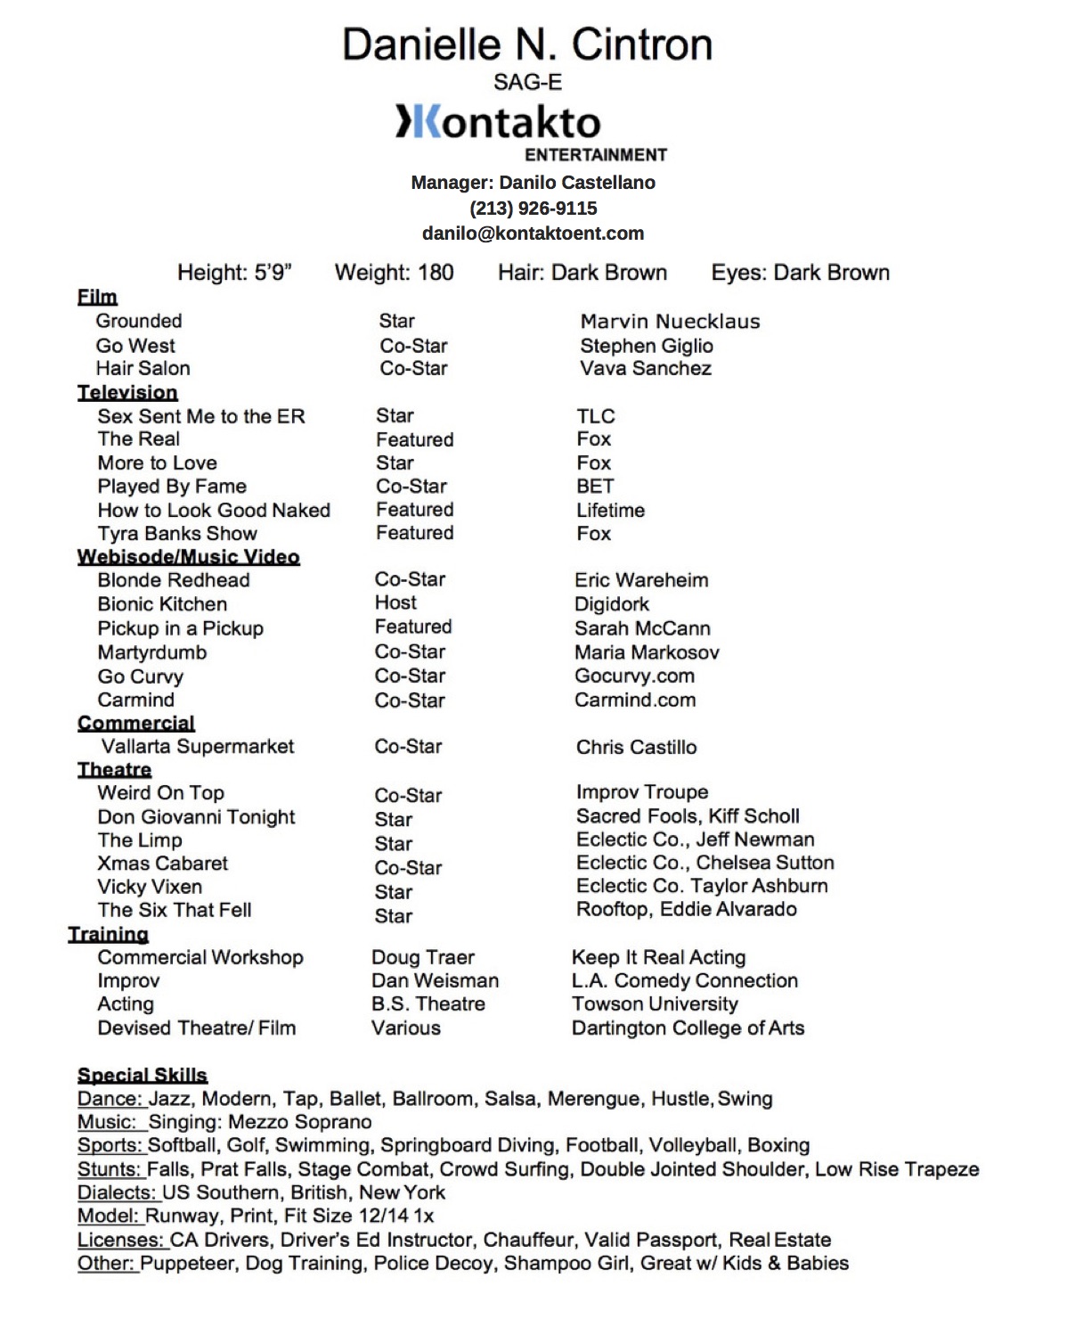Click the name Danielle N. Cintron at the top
coord(527,45)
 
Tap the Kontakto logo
coord(499,122)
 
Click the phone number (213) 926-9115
coord(533,209)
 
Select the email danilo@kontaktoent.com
coord(533,233)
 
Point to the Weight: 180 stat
coord(394,273)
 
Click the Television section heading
coord(127,392)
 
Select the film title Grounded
coord(139,321)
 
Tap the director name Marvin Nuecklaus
coord(670,322)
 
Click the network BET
coord(595,487)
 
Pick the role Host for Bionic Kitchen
coord(395,603)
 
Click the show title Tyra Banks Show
coord(177,534)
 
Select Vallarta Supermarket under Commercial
coord(198,747)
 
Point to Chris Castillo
coord(636,748)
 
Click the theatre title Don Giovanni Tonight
coord(196,817)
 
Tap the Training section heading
coord(109,934)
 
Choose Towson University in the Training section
coord(655,1004)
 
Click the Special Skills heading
coord(143,1075)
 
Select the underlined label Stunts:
coord(110,1169)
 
